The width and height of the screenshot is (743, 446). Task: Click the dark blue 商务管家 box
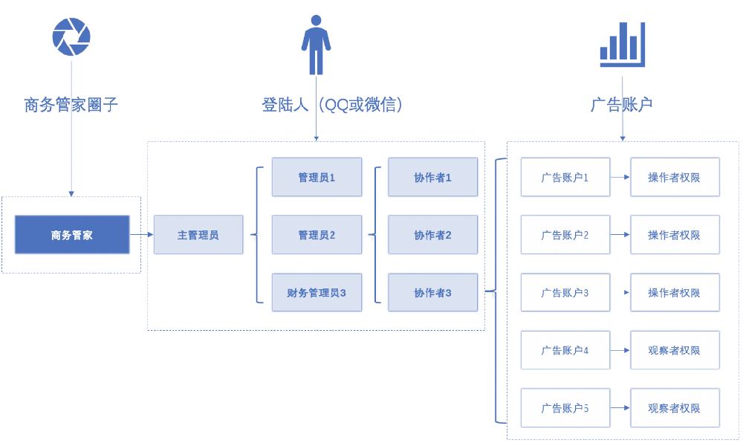point(72,235)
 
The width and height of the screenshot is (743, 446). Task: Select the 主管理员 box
point(198,235)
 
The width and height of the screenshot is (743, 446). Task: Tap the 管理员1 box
point(317,177)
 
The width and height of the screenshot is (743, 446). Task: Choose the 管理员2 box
point(317,235)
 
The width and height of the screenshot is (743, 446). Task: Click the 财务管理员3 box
point(317,292)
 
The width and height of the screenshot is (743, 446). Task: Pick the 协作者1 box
point(432,177)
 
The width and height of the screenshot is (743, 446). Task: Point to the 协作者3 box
point(432,292)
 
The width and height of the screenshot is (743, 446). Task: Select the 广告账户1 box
point(565,177)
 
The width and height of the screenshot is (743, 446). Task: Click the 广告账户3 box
point(565,292)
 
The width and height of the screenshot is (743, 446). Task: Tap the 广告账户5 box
point(565,407)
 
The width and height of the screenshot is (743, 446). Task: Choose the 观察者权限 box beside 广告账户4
point(675,350)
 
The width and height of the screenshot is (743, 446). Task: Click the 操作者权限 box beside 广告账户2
point(675,235)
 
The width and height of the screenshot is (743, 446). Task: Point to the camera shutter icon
point(71,36)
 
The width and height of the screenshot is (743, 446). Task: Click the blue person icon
point(316,45)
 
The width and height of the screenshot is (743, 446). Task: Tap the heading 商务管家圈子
point(71,105)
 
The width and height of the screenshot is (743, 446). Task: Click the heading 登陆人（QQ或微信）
point(332,105)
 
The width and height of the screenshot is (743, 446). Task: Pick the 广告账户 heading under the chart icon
point(621,105)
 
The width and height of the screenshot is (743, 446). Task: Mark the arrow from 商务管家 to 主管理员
point(141,235)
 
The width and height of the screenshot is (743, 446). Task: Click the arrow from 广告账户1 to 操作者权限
point(620,177)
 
